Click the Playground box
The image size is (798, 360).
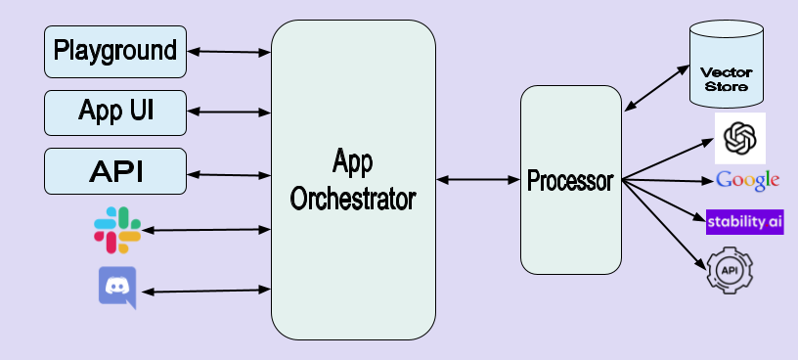(x=115, y=51)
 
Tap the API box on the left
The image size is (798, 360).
(x=115, y=171)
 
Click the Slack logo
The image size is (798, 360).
(x=117, y=229)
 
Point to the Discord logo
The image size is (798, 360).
(x=117, y=288)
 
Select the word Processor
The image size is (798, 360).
(x=570, y=181)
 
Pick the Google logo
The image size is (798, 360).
(x=747, y=180)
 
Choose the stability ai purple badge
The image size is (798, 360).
(x=745, y=221)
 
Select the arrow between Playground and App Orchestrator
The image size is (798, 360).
(x=228, y=50)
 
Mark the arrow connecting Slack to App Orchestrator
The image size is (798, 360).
(x=205, y=230)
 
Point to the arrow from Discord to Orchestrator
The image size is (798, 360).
(x=205, y=291)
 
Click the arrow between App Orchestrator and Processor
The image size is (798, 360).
(x=478, y=180)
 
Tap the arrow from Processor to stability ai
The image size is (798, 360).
(x=665, y=200)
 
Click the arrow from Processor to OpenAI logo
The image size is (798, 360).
(x=669, y=159)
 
